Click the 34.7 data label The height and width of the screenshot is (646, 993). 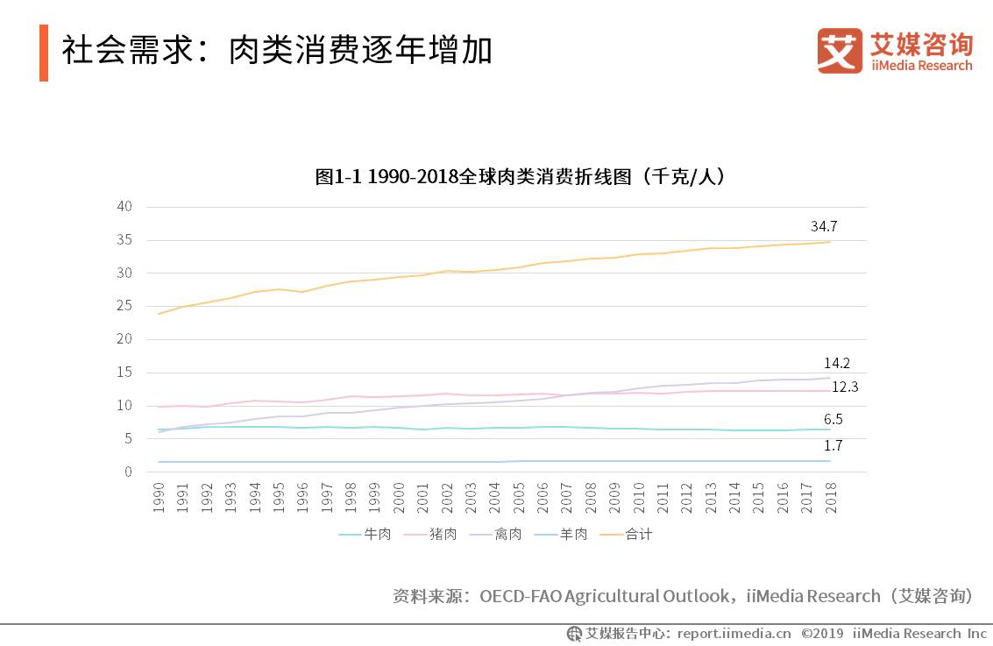824,226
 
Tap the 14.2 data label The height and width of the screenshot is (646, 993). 836,363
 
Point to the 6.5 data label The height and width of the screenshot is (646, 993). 833,420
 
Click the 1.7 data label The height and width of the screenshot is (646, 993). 833,445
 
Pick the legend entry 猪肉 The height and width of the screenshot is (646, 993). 443,534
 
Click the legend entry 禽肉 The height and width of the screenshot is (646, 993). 508,534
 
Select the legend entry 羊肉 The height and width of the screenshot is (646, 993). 573,534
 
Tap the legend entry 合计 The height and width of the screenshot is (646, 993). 638,534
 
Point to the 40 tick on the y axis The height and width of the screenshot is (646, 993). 124,207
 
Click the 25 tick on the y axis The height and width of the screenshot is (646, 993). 124,306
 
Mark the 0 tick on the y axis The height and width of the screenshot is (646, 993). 128,472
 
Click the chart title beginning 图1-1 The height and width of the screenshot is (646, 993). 520,177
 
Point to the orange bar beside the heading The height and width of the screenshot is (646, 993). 44,53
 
